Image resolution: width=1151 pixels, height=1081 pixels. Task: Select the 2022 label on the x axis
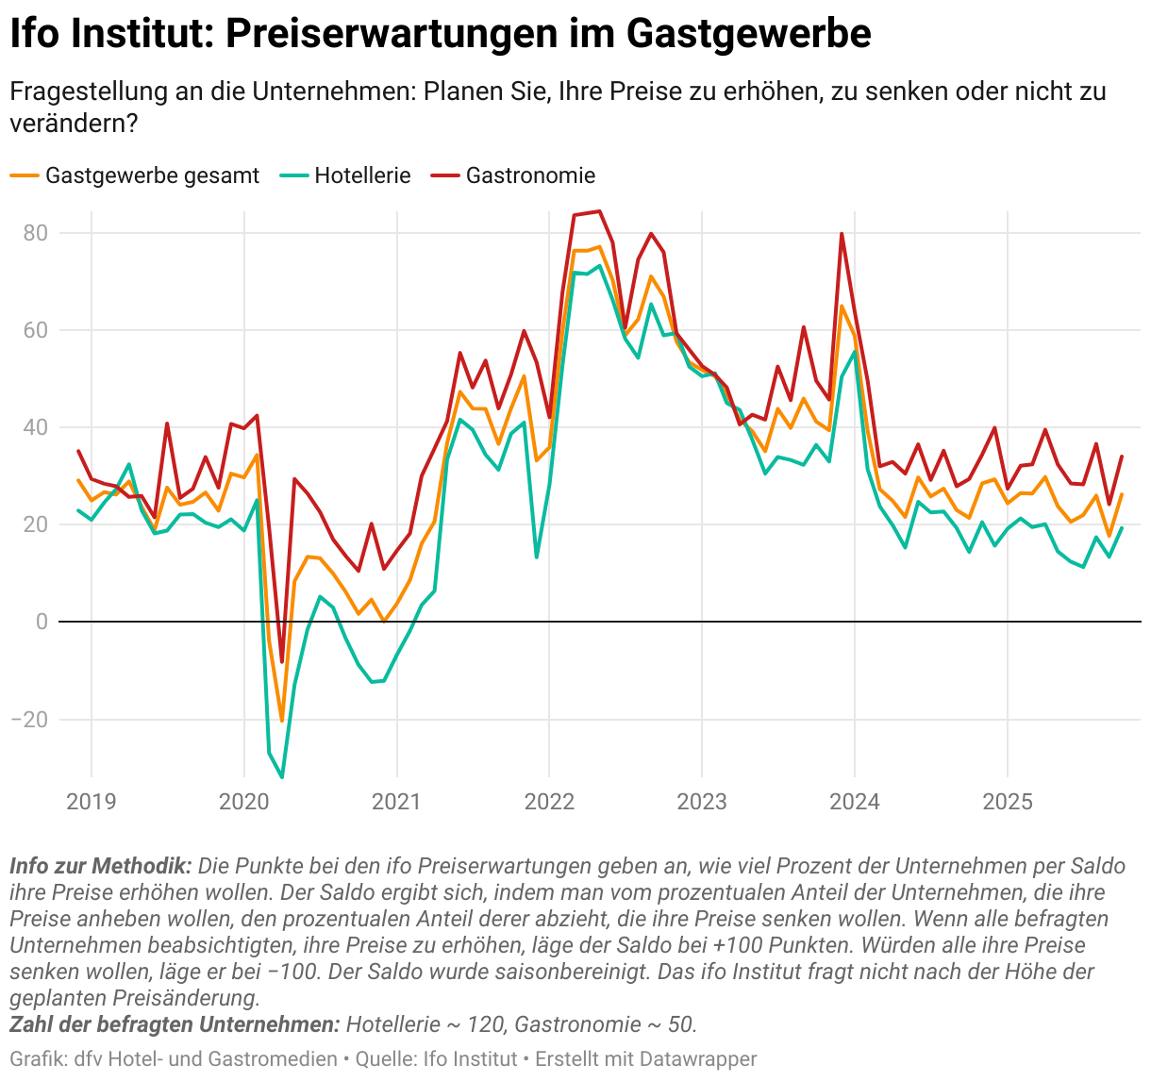coord(549,803)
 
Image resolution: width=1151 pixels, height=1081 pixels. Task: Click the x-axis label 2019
coord(92,803)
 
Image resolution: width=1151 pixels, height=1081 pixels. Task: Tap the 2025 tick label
coord(1008,803)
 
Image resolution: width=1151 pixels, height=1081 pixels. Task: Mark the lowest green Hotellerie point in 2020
coord(282,777)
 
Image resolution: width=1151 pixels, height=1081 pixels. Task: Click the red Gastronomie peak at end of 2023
coord(842,234)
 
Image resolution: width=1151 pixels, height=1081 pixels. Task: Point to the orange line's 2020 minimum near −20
coord(282,721)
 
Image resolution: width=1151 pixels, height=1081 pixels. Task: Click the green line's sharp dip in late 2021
coord(537,557)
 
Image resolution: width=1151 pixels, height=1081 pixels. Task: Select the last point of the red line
coord(1122,457)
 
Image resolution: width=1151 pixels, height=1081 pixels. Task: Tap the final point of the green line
coord(1122,528)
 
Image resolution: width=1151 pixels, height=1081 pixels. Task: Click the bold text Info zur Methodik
coord(100,866)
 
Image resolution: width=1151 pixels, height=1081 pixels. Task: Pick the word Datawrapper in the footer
coord(698,1059)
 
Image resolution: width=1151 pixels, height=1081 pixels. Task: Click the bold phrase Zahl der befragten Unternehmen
coord(174,1024)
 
